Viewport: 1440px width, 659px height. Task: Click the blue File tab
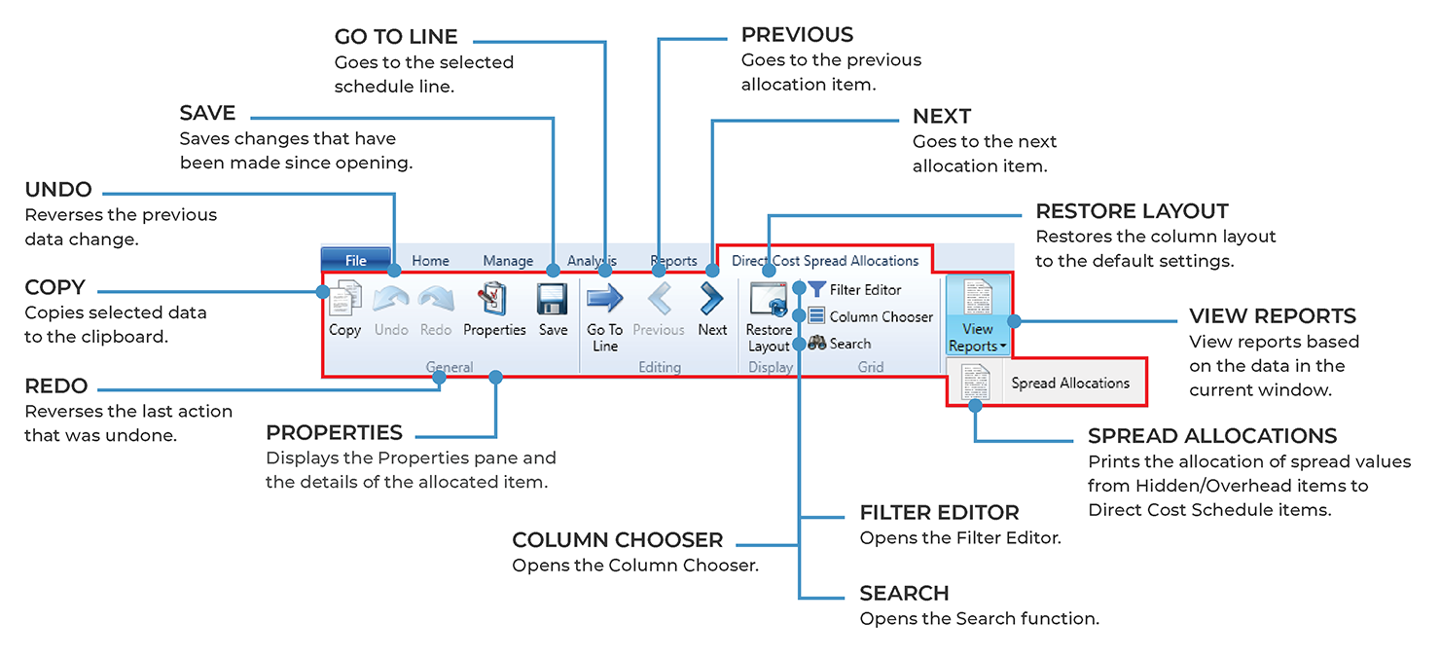[x=355, y=260]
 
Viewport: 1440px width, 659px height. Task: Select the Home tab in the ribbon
[x=430, y=261]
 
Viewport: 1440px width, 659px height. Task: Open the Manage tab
[x=508, y=261]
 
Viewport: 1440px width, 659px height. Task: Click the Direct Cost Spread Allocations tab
[x=824, y=261]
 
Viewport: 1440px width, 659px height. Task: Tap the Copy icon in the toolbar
[x=344, y=299]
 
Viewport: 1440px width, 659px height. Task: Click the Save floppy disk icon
[x=553, y=299]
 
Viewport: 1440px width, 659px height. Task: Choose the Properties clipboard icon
[x=494, y=299]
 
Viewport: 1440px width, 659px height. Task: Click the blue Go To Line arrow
[x=604, y=299]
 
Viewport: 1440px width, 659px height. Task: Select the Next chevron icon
[x=712, y=299]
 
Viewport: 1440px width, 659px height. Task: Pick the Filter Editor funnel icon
[x=817, y=289]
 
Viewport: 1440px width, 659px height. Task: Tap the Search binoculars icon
[x=817, y=344]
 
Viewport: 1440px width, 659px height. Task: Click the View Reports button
[x=977, y=314]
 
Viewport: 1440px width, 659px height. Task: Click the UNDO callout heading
[x=58, y=190]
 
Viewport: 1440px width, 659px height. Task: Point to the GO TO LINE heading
[x=395, y=37]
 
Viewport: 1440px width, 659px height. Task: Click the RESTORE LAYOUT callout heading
[x=1132, y=211]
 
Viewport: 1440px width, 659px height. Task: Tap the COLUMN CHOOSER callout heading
[x=618, y=540]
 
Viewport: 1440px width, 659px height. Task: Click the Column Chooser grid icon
[x=817, y=316]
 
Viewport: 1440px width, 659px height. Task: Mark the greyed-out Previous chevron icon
[x=659, y=299]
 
